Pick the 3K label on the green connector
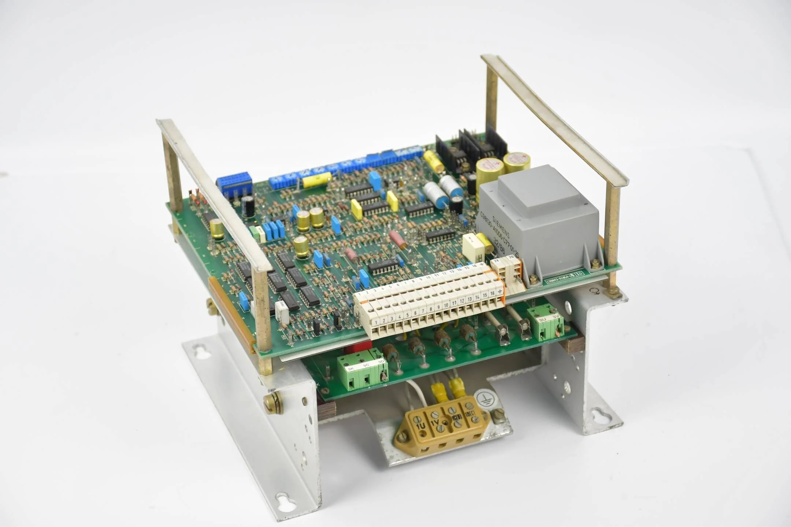[351, 369]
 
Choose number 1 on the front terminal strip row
[376, 322]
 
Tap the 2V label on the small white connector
[497, 261]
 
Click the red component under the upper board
[361, 345]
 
